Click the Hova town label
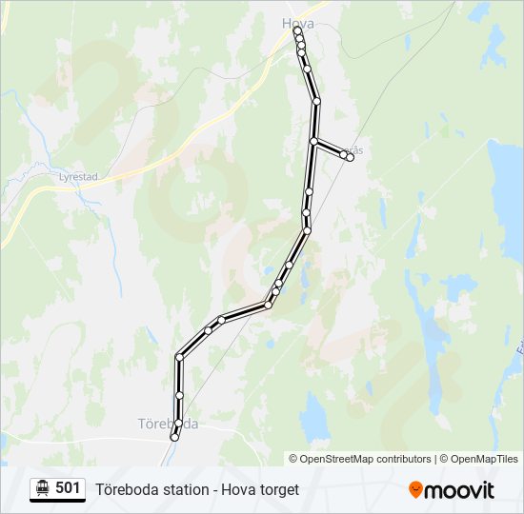coord(298,23)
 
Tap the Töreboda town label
coord(168,424)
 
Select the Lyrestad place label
coord(79,176)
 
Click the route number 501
coord(68,488)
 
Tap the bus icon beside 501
coord(42,488)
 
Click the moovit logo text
coord(459,490)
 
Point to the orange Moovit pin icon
coord(415,489)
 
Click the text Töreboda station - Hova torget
coord(197,489)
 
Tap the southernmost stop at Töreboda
coord(174,437)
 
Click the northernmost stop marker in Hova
coord(298,31)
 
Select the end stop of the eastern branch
coord(351,158)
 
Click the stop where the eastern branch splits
coord(313,142)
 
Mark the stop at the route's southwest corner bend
coord(179,358)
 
